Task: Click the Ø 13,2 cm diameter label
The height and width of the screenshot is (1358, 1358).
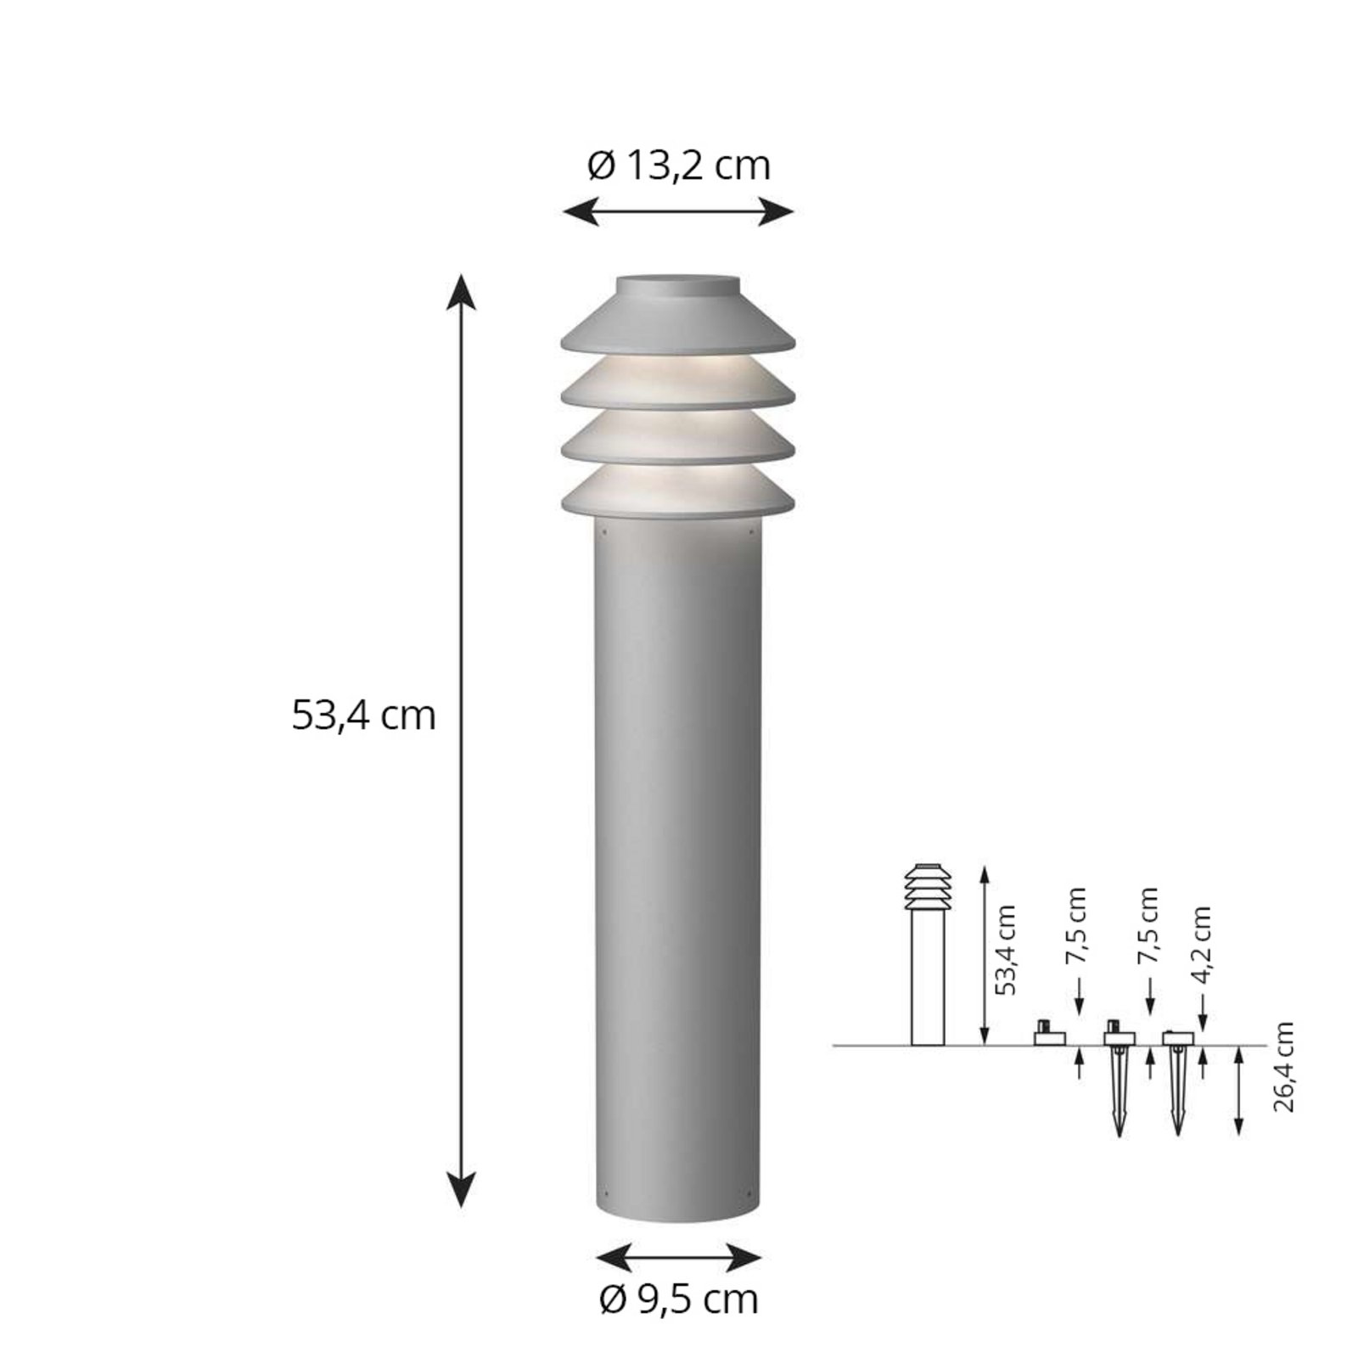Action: (679, 166)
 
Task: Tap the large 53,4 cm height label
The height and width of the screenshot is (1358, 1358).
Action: (363, 715)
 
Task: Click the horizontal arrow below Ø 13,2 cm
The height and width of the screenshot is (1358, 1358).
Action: (679, 212)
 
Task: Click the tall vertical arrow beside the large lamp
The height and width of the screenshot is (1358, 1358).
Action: (461, 738)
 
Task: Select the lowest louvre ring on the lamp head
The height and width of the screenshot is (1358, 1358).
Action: (678, 492)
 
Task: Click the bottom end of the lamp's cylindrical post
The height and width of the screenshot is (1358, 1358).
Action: (678, 1214)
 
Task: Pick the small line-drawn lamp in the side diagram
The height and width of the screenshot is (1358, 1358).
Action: (927, 955)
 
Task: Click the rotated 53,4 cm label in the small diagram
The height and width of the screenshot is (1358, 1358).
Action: (1006, 951)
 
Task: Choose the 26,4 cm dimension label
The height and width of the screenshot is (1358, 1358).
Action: (1285, 1068)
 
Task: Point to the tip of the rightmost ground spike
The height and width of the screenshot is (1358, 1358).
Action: (1177, 1133)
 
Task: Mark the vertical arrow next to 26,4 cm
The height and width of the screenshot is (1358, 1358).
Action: (1239, 1091)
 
